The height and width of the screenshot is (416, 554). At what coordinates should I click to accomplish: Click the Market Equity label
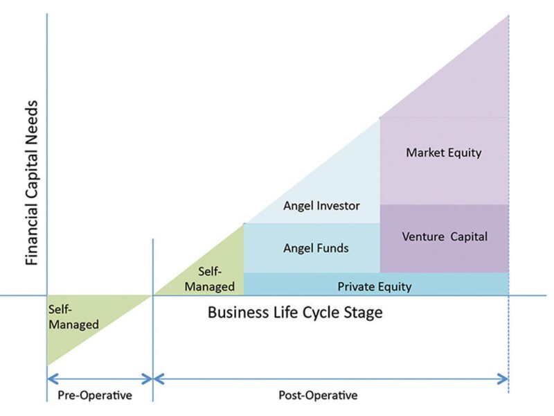click(443, 153)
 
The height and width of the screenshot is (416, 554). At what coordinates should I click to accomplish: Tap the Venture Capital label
click(445, 236)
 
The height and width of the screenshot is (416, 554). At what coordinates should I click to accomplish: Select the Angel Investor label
click(322, 206)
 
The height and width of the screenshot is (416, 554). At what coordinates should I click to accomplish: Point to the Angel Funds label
click(316, 248)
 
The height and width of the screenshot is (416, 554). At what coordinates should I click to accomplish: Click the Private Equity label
click(375, 286)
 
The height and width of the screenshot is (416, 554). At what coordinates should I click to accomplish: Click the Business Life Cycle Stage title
click(295, 313)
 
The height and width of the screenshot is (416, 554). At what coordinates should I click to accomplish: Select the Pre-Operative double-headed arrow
click(99, 379)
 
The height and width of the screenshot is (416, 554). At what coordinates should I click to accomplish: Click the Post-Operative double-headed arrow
click(331, 379)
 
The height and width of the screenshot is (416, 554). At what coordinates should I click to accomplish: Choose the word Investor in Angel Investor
click(340, 206)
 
